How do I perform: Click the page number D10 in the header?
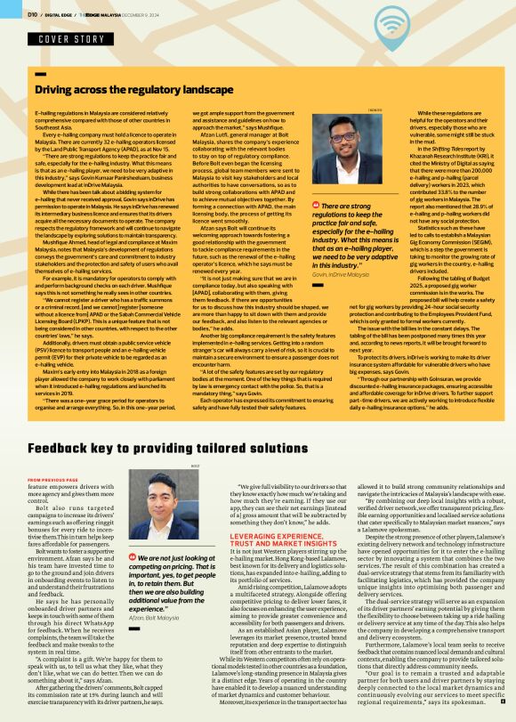coord(33,13)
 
